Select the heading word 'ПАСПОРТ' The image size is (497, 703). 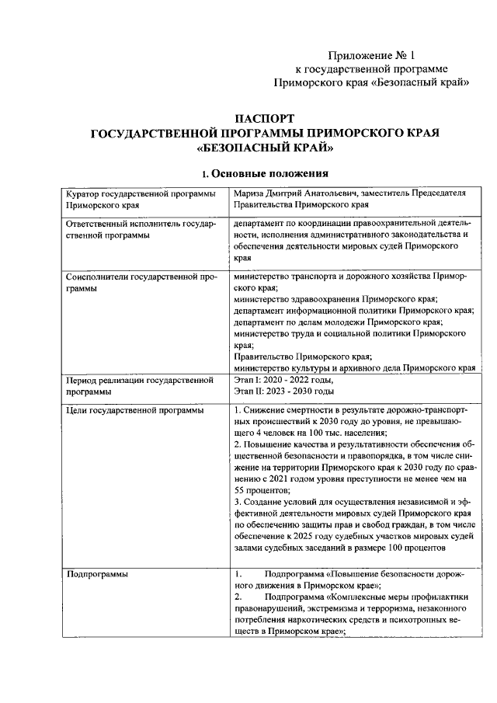[265, 119]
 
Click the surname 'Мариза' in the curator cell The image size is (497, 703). [250, 193]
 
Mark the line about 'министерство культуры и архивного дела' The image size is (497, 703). [354, 367]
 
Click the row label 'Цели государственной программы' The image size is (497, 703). [135, 409]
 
